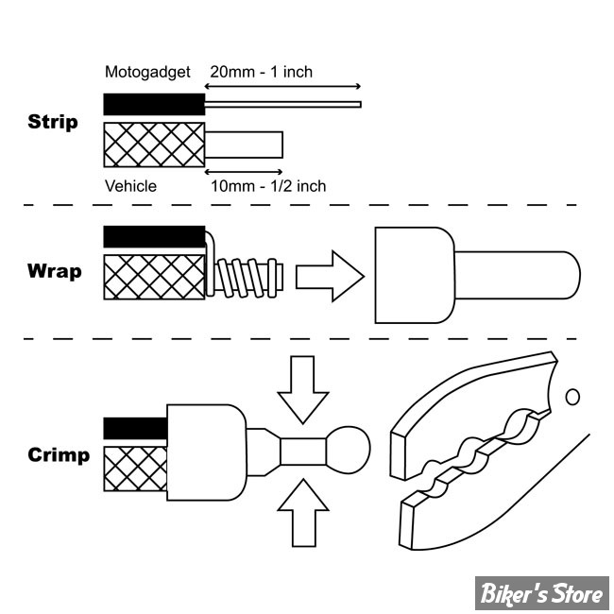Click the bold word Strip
tap(53, 122)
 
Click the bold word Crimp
tap(59, 455)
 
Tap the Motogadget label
tap(147, 72)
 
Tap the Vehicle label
tap(130, 186)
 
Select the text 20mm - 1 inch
tap(262, 72)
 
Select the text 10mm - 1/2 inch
tap(269, 186)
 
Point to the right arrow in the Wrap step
tap(330, 276)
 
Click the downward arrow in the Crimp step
tap(302, 389)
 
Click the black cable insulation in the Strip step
tap(154, 104)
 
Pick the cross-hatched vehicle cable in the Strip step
tap(154, 145)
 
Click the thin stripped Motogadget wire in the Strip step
tap(283, 104)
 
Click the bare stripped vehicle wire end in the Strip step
tap(245, 145)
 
